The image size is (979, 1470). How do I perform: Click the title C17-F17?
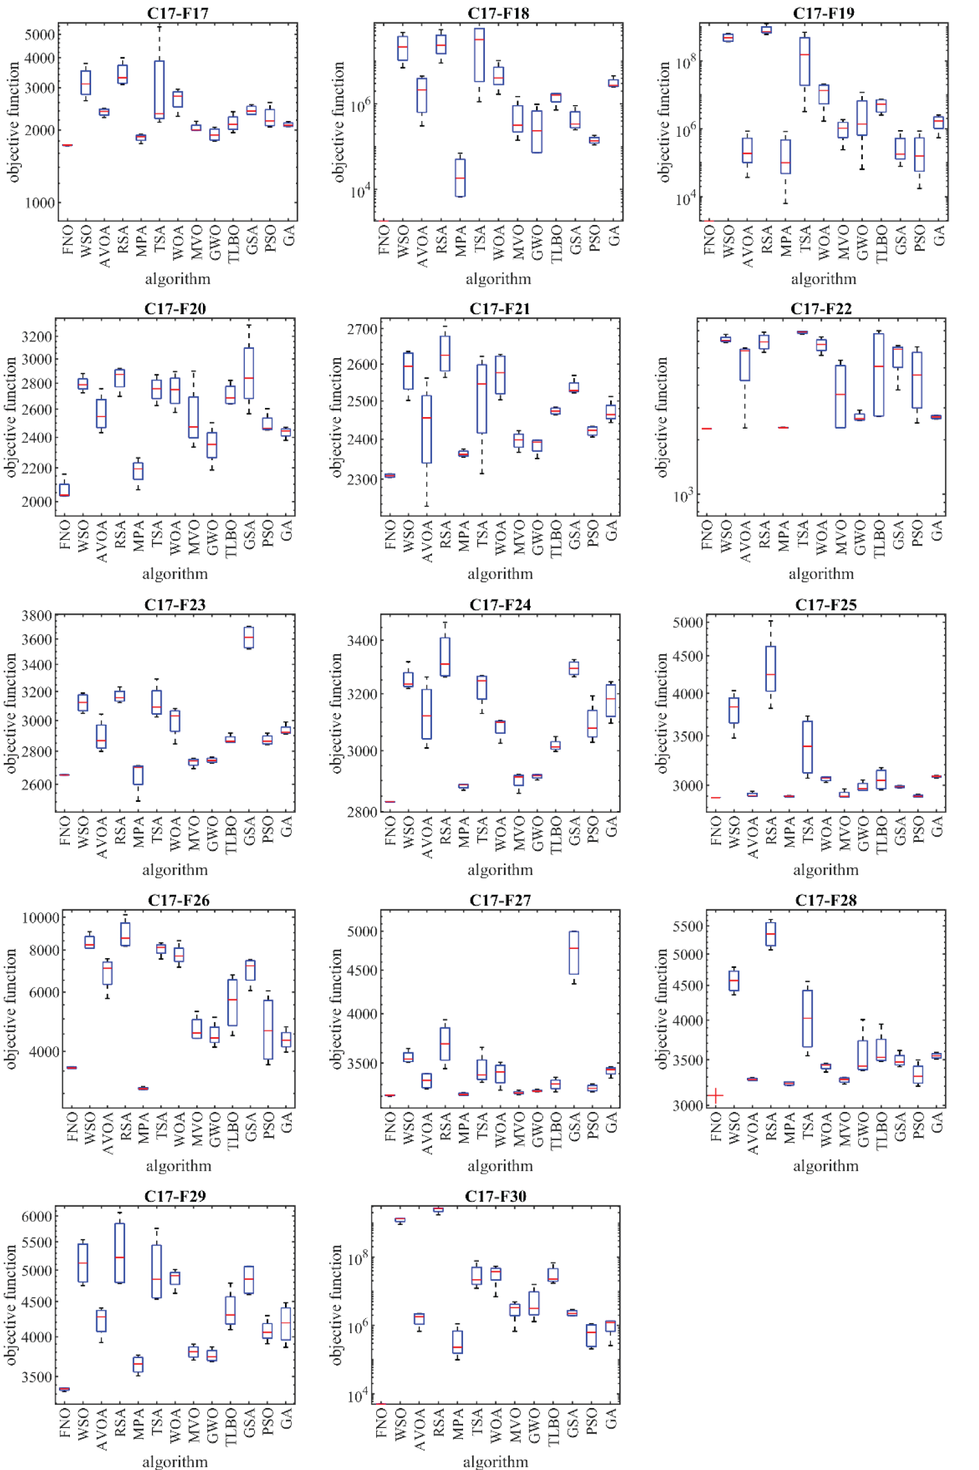click(x=178, y=13)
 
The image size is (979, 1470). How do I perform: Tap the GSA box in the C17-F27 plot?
click(x=574, y=952)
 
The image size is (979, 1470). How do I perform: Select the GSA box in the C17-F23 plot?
click(x=249, y=638)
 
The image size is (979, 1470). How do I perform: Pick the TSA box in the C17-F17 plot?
click(x=159, y=89)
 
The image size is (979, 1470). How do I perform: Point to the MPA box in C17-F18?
click(x=460, y=178)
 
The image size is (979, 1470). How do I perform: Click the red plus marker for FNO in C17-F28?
click(x=715, y=1096)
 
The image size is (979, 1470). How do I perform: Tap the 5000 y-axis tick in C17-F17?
click(x=40, y=34)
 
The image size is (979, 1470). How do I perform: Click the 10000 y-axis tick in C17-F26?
click(x=41, y=917)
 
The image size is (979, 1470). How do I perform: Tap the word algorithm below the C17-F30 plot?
click(x=495, y=1461)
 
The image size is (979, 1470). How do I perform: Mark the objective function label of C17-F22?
click(x=662, y=417)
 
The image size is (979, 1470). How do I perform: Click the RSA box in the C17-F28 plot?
click(x=771, y=934)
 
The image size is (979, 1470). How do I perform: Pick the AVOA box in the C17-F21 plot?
click(x=427, y=429)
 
